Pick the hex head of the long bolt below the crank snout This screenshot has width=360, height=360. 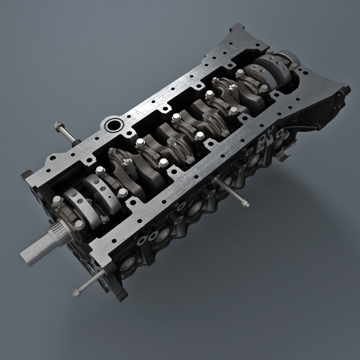[76, 292]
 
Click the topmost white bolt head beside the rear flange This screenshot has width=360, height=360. [270, 52]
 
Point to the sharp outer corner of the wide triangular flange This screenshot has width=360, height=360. [348, 89]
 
